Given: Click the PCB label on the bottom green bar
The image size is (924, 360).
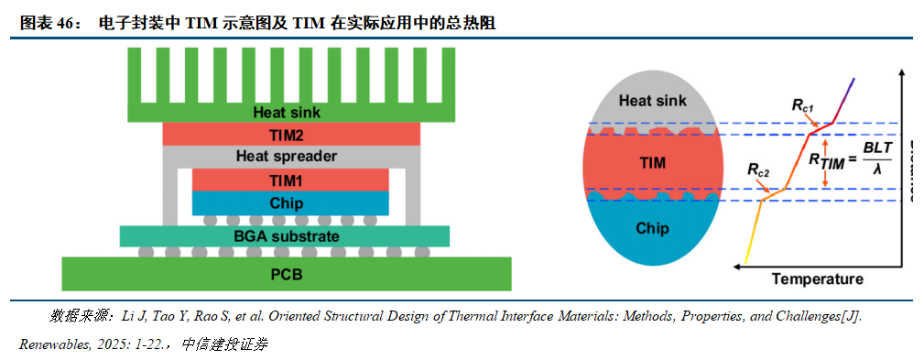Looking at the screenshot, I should point(286,273).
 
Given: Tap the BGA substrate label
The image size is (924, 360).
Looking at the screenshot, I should point(286,236).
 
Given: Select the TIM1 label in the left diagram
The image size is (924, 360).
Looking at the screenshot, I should point(286,180).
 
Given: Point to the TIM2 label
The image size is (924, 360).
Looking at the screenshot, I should point(286,135).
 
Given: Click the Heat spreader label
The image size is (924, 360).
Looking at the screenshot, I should point(286,157).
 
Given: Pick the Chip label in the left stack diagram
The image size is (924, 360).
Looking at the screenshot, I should point(286,202).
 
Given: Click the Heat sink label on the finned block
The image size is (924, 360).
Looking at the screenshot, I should point(286,114).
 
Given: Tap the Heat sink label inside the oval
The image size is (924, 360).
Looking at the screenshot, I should point(652,101).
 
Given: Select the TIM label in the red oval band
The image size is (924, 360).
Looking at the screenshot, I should point(652,164).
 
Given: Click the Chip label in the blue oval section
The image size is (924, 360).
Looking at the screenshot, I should point(652,228).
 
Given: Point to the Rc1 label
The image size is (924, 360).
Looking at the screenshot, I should point(803,105).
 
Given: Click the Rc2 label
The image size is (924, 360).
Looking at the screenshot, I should point(757,170).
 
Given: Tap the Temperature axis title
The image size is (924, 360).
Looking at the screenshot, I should point(817,278).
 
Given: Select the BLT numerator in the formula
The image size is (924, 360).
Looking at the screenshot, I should point(877,147).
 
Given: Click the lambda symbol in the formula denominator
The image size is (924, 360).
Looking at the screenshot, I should point(877,169).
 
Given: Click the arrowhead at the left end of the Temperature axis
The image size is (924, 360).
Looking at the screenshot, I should point(736,266).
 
